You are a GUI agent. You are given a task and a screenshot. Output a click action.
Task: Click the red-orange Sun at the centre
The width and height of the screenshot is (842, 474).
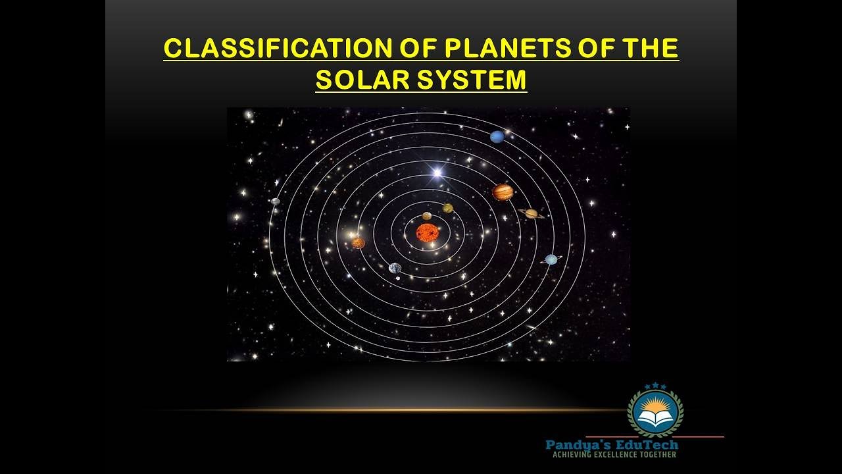click(x=427, y=232)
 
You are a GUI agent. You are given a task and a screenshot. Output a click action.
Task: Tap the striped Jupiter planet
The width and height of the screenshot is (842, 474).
click(x=503, y=192)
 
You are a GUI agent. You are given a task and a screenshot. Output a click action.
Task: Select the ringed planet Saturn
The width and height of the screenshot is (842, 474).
click(x=531, y=213)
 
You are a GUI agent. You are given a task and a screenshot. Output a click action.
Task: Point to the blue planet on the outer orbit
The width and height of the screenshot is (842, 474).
click(x=497, y=137)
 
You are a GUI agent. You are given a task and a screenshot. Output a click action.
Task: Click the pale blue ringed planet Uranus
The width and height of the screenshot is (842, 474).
click(x=551, y=259)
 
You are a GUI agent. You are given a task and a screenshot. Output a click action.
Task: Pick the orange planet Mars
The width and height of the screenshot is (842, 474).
click(x=358, y=243)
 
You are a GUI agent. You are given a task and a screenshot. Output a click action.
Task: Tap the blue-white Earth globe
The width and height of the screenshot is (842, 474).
click(x=395, y=268)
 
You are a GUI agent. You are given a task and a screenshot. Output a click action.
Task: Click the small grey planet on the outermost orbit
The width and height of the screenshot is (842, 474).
click(x=276, y=201)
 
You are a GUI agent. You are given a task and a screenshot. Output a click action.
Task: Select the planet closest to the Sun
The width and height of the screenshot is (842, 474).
click(x=427, y=216)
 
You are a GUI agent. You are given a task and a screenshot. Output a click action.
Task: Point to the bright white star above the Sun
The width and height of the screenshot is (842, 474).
click(x=436, y=173)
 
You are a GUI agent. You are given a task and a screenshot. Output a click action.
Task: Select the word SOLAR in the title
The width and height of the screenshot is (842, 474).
click(x=359, y=80)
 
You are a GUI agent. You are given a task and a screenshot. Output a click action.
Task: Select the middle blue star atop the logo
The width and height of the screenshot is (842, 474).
click(x=655, y=385)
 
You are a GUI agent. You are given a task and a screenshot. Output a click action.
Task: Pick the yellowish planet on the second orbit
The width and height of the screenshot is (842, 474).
click(x=448, y=208)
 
